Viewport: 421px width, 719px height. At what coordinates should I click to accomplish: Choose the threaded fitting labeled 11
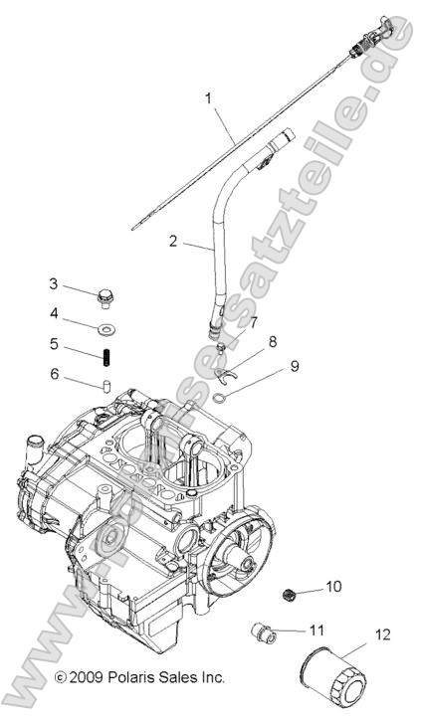click(261, 630)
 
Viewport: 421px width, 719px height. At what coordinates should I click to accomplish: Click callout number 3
click(53, 283)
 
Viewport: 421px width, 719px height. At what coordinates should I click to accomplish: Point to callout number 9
click(295, 365)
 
